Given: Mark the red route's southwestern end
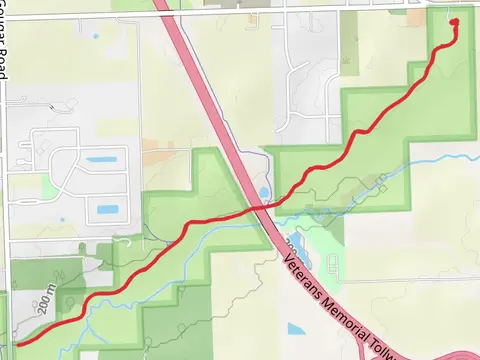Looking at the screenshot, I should (x=16, y=344).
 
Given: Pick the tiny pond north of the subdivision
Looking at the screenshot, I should (x=96, y=37).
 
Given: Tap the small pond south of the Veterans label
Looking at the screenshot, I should (x=296, y=328).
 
